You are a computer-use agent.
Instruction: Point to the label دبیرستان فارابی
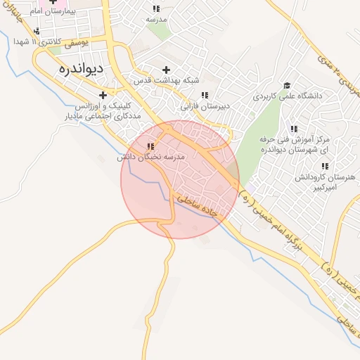(x=205, y=107)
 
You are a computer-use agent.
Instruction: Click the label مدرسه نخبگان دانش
(x=150, y=157)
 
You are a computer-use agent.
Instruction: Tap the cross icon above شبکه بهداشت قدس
(x=167, y=70)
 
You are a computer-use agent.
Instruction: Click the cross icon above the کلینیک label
(x=103, y=95)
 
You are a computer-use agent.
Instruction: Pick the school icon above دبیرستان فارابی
(x=205, y=95)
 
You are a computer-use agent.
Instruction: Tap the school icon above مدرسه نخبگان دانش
(x=150, y=146)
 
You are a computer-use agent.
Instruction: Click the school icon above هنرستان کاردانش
(x=324, y=167)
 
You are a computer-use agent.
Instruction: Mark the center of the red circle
(x=180, y=179)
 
